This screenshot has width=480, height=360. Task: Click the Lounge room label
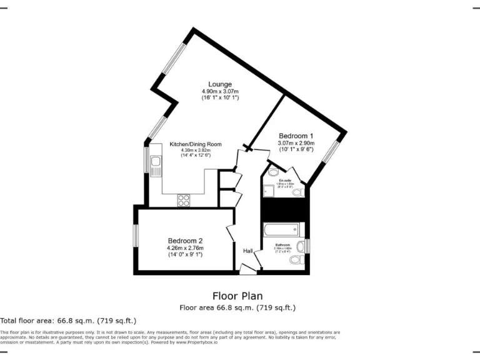point(220,84)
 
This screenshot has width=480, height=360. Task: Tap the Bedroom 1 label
point(296,136)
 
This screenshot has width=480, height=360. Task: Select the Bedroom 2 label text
point(185,241)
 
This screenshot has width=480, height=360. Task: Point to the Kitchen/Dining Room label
point(196,144)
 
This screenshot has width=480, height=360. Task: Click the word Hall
point(248,251)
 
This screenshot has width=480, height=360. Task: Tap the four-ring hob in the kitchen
point(184,200)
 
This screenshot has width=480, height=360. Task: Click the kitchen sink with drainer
point(155,166)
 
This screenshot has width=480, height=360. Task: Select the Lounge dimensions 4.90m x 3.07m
point(220,91)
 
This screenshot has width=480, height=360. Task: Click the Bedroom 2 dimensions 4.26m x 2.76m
point(185,247)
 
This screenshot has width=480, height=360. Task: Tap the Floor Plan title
point(237,296)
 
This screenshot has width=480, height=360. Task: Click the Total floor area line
point(68,320)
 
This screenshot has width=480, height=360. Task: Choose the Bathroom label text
point(283,244)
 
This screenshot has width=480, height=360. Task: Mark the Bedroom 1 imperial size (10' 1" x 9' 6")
point(296,149)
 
